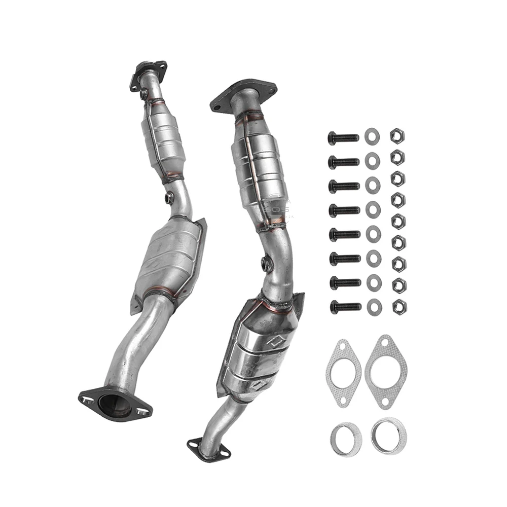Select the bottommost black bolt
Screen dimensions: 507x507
tap(345, 306)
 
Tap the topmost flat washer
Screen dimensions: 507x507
tap(372, 136)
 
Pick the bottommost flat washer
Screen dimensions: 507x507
tap(374, 306)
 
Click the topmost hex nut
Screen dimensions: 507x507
tap(397, 136)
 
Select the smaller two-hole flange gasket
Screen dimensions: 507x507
tap(343, 373)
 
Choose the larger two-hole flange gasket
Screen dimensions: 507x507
tap(384, 372)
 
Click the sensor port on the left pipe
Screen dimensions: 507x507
tap(169, 196)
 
